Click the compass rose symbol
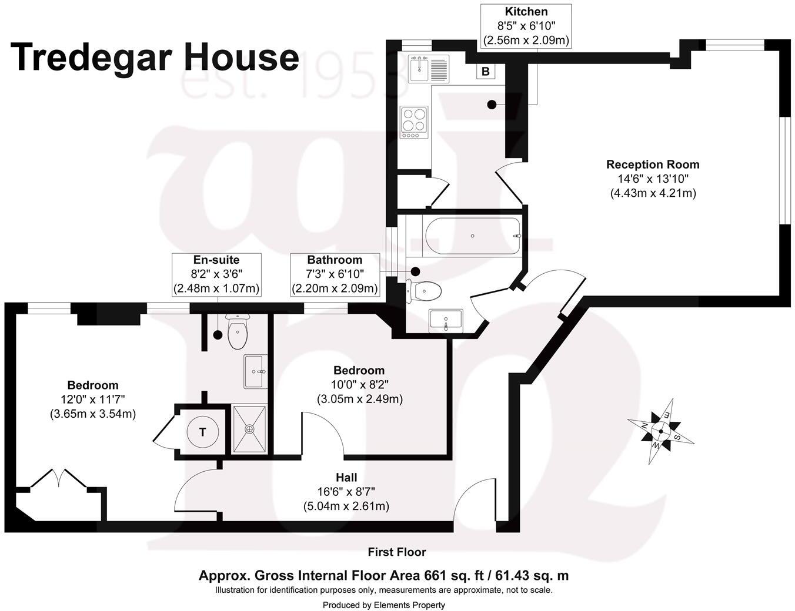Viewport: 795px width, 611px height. pos(660,432)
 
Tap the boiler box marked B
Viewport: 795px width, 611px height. pos(486,72)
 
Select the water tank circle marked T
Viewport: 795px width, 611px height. pos(202,432)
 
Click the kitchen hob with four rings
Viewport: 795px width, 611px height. pos(414,122)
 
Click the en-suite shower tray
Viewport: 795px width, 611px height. pos(249,429)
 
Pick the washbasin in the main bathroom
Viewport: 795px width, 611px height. pos(446,321)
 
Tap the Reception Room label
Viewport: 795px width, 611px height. pos(653,164)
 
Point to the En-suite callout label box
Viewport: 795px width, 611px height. pos(216,274)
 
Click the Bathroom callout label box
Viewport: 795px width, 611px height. pos(335,274)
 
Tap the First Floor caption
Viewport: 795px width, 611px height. pos(397,552)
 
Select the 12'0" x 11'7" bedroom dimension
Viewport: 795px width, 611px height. pos(93,399)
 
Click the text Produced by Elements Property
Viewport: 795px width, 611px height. pos(383,605)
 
